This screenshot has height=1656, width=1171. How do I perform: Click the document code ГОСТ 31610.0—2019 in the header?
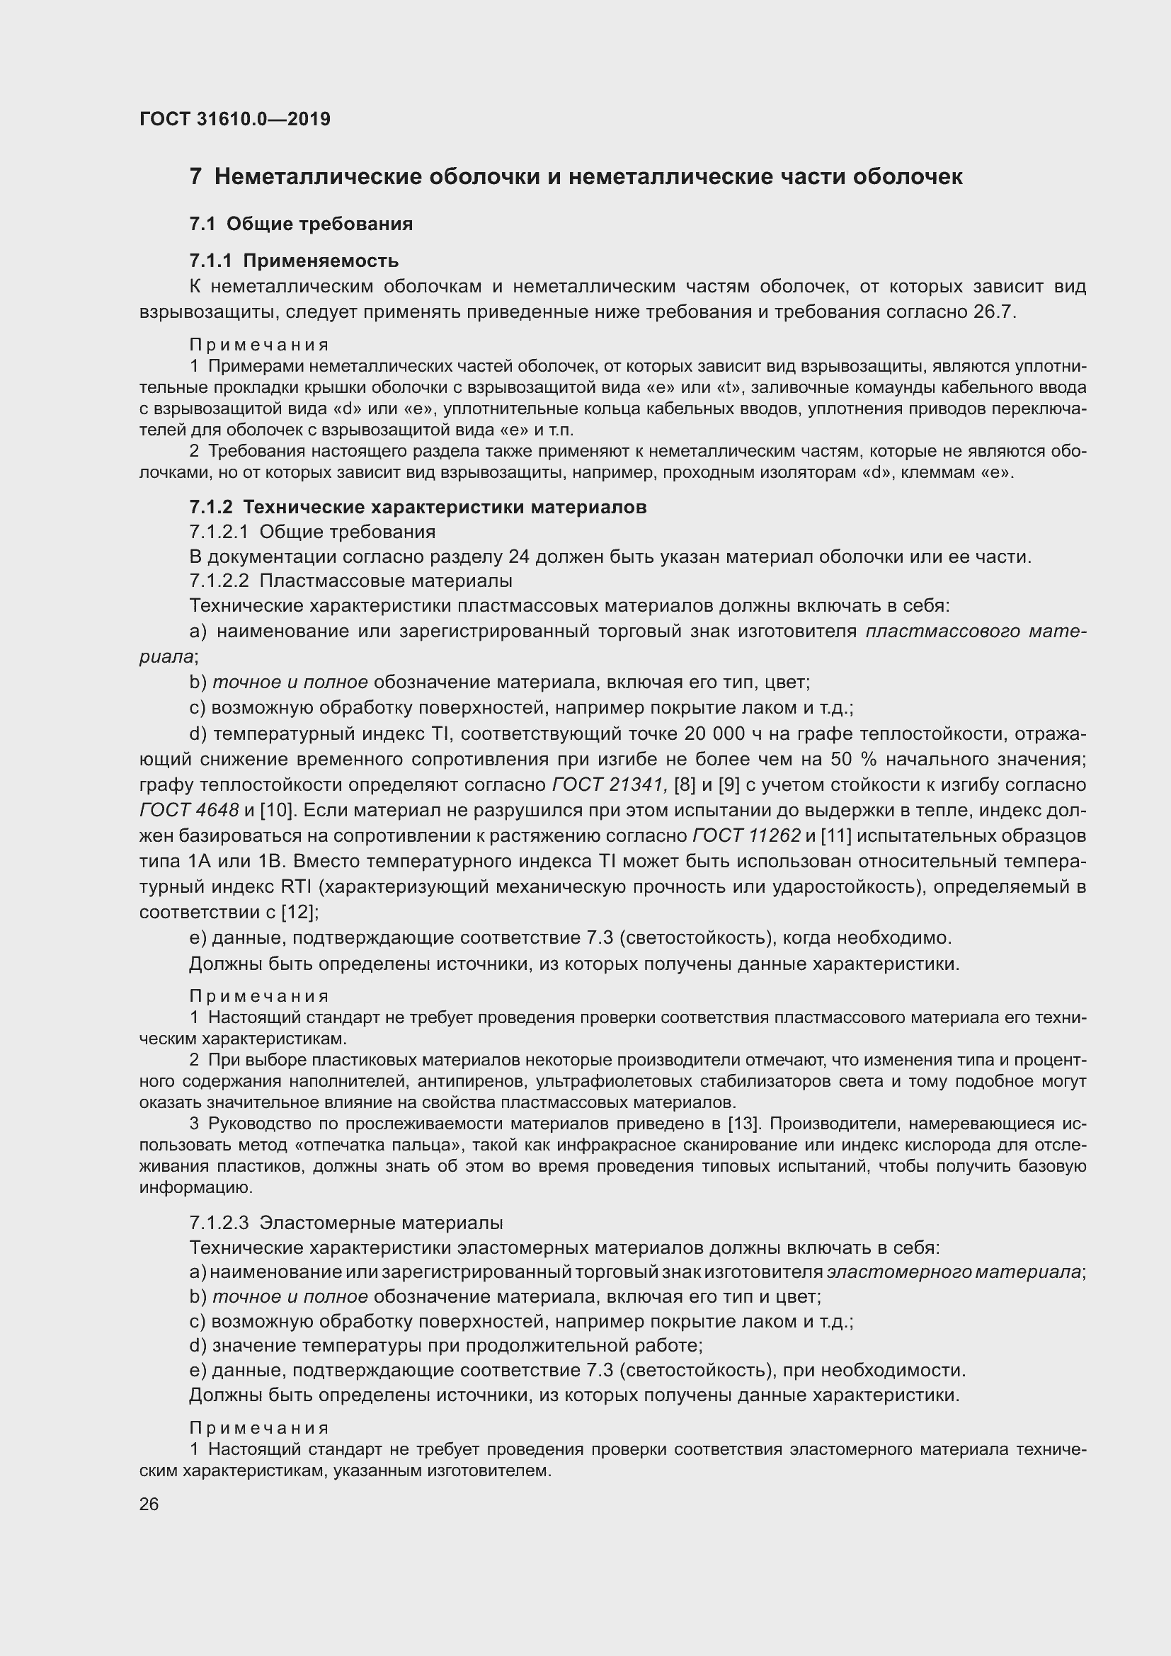[x=234, y=119]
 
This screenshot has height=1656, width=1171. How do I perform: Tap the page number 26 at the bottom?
[x=149, y=1504]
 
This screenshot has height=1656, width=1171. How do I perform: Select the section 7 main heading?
[x=576, y=177]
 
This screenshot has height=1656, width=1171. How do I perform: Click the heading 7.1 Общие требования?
[x=301, y=224]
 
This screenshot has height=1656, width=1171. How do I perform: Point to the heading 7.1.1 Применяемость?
[x=294, y=260]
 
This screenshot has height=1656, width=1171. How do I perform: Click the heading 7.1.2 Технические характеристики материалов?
[x=418, y=507]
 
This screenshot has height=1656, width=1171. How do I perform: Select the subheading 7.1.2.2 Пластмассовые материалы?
[x=350, y=580]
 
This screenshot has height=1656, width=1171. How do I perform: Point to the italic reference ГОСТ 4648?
[x=188, y=810]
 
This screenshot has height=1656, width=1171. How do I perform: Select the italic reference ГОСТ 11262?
[x=746, y=835]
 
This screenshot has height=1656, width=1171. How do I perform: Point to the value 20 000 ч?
[x=730, y=733]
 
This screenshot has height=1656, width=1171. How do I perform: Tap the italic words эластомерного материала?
[x=953, y=1272]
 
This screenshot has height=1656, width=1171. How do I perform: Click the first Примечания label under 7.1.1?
[x=259, y=345]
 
